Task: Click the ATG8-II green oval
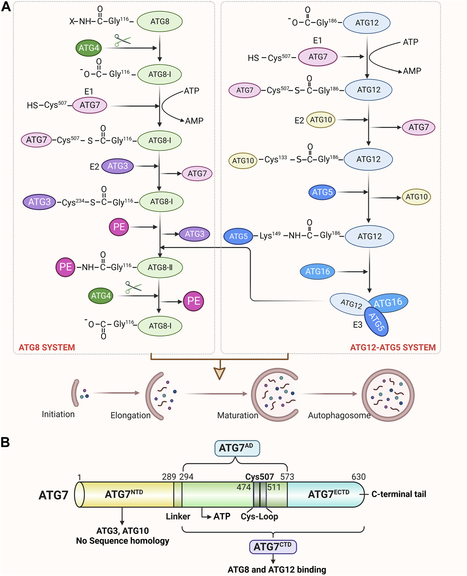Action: point(160,267)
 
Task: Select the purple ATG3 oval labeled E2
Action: point(117,166)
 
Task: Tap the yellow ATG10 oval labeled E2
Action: point(321,120)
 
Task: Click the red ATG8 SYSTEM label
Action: point(47,347)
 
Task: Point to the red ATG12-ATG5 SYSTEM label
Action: point(393,347)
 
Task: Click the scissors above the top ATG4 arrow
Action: point(122,40)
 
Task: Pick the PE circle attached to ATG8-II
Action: point(65,267)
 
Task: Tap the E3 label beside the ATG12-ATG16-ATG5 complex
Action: point(358,325)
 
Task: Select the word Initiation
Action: point(58,414)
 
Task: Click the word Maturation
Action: point(238,415)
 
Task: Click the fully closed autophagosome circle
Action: point(388,395)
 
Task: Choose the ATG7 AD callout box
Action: point(237,448)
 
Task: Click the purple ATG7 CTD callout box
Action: point(273,547)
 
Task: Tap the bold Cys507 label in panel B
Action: point(260,477)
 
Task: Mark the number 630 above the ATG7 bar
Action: point(358,477)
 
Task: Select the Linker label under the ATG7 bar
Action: point(178,516)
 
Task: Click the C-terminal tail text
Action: point(399,494)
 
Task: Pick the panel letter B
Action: point(5,443)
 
